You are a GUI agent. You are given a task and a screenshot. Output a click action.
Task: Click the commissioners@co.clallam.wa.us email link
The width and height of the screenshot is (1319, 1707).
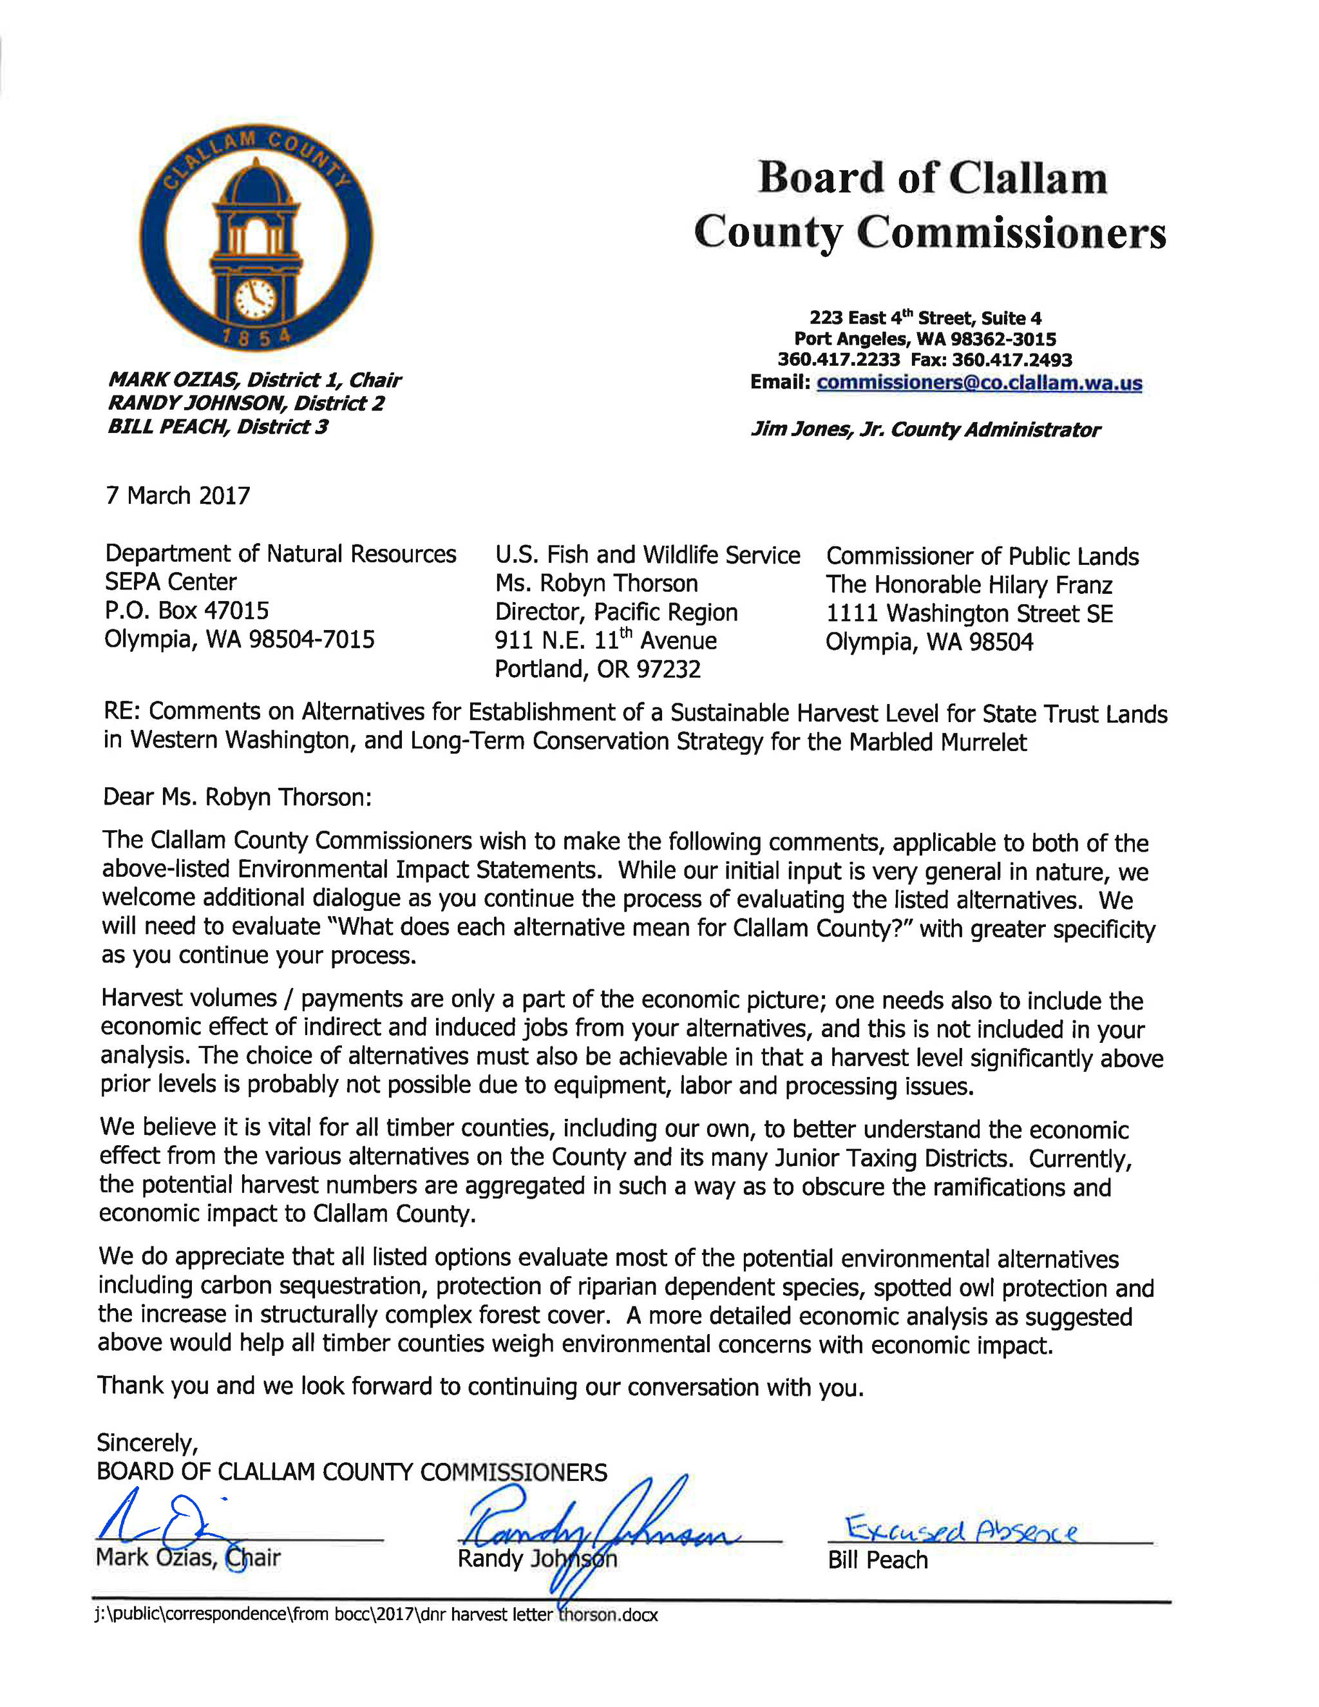pyautogui.click(x=979, y=383)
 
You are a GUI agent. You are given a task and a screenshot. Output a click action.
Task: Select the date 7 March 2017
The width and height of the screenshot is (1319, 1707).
pyautogui.click(x=178, y=495)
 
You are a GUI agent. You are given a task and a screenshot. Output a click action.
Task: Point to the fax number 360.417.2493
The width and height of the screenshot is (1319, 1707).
pyautogui.click(x=1012, y=360)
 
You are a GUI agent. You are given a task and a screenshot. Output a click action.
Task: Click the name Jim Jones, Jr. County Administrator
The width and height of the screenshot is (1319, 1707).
pyautogui.click(x=925, y=430)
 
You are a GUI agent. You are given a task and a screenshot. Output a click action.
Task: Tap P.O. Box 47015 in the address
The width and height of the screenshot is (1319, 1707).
pyautogui.click(x=187, y=611)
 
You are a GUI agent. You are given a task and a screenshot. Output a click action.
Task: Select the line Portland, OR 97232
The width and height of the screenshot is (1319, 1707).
pyautogui.click(x=598, y=669)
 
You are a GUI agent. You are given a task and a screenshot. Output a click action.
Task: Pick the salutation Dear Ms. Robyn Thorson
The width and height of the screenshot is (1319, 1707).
pyautogui.click(x=238, y=797)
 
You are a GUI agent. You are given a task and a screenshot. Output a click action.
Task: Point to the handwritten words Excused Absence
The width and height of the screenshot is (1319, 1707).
pyautogui.click(x=961, y=1530)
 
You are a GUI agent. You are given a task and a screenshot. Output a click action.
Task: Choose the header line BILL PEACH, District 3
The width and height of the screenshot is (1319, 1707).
pyautogui.click(x=218, y=426)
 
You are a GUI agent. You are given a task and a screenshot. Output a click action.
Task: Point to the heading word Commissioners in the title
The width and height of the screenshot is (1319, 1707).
pyautogui.click(x=1011, y=233)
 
